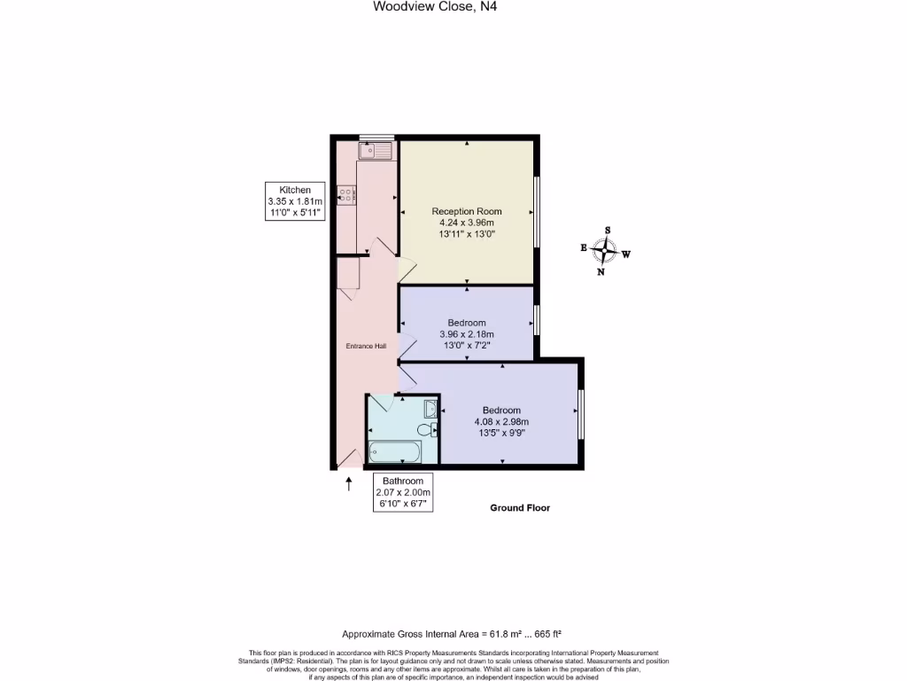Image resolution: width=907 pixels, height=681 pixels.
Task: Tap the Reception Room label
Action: pos(467,211)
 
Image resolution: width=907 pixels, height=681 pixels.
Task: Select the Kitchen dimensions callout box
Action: pos(296,201)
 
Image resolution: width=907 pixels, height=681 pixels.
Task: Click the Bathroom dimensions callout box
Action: pos(402,492)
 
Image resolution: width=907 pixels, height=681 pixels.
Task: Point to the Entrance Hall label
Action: pos(366,346)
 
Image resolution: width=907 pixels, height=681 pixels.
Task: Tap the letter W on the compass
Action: pos(625,254)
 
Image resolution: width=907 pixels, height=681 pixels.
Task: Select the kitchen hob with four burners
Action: pos(346,194)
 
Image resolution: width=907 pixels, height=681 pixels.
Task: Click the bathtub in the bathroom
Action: pos(394,452)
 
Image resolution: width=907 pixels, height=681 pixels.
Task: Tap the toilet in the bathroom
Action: pos(427,431)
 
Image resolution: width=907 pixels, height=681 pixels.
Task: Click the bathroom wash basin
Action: pos(430,408)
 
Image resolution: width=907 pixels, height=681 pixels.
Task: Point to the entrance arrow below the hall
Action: pos(348,483)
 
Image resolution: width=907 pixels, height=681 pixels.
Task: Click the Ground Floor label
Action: pos(520,508)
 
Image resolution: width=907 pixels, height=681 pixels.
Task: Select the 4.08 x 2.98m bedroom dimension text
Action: pos(501,422)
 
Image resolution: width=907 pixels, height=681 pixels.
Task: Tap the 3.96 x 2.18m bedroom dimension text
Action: pos(467,334)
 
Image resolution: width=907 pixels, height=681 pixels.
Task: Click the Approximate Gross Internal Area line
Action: pos(453,634)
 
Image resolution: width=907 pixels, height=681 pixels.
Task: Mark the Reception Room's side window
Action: pos(537,212)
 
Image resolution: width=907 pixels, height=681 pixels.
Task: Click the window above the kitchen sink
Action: pos(377,137)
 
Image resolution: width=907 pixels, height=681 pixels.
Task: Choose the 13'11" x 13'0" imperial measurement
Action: pos(467,235)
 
